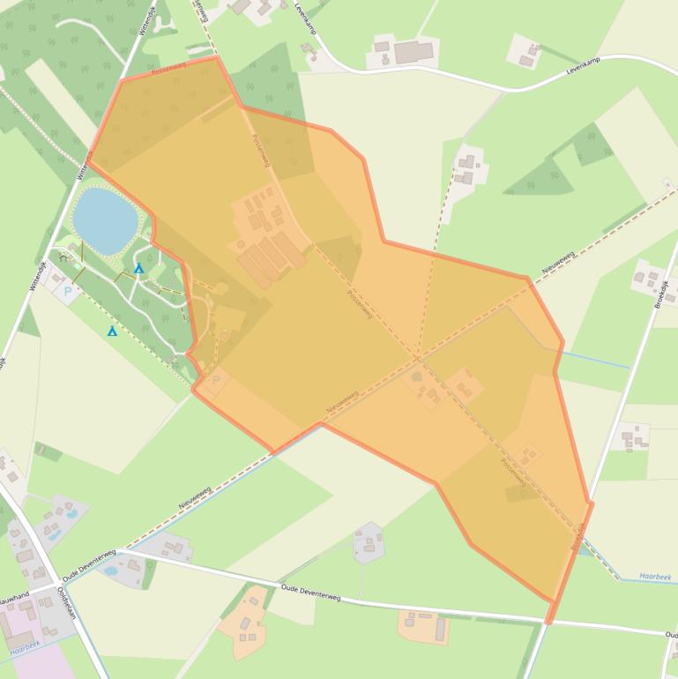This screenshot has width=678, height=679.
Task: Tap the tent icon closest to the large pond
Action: coord(138,268)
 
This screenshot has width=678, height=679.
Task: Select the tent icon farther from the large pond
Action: coord(112,332)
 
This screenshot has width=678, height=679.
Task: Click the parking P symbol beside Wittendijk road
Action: coord(69,290)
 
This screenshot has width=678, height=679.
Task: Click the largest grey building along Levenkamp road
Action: coord(414,52)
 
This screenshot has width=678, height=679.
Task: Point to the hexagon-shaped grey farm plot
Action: coord(369,542)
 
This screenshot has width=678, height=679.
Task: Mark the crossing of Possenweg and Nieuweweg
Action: coord(419,359)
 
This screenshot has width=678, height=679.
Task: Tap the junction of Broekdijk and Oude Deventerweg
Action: coord(549,620)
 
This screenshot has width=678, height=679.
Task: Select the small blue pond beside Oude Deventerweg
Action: coord(113,571)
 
